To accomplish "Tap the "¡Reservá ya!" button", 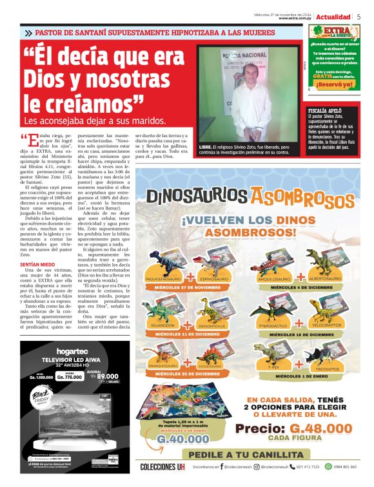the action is [x=334, y=84].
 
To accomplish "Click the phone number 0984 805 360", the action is [x=341, y=466].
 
